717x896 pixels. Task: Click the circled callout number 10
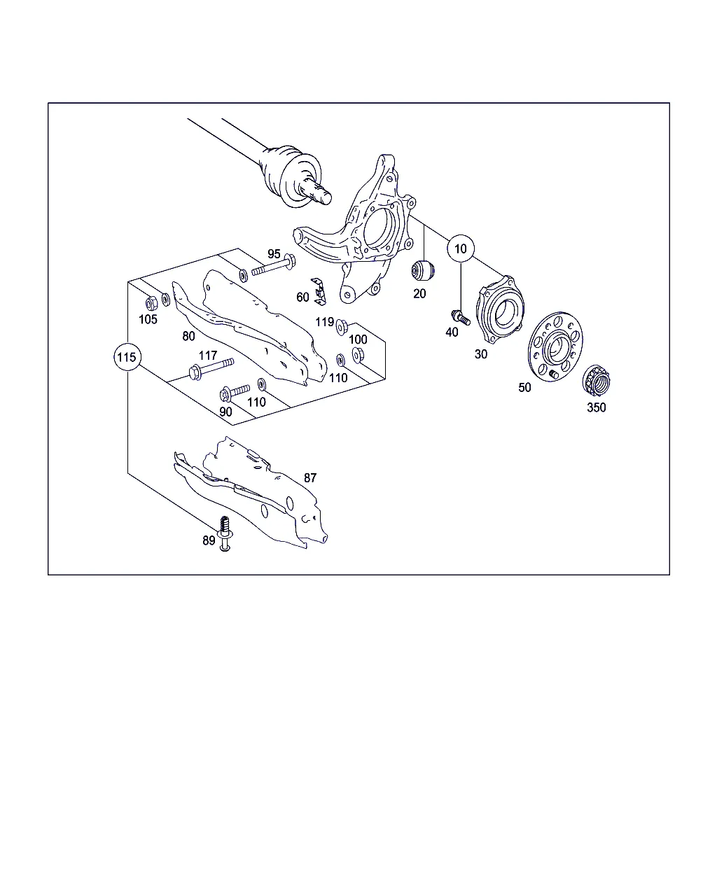[460, 248]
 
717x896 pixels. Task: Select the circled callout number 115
[127, 357]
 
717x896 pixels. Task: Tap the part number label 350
[596, 407]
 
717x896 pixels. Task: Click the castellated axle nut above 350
[596, 380]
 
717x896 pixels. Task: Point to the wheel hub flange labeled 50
[555, 346]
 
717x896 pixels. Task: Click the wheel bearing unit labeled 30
[500, 309]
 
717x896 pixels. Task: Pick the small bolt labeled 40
[461, 317]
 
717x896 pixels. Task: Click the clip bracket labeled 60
[319, 291]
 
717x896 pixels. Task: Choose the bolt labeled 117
[211, 368]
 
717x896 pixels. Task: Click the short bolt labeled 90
[235, 392]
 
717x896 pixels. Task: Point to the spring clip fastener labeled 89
[225, 533]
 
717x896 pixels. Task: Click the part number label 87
[310, 477]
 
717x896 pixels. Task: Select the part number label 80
[188, 336]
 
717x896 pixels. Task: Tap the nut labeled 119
[341, 327]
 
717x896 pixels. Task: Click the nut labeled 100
[358, 355]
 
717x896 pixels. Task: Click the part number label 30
[481, 354]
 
